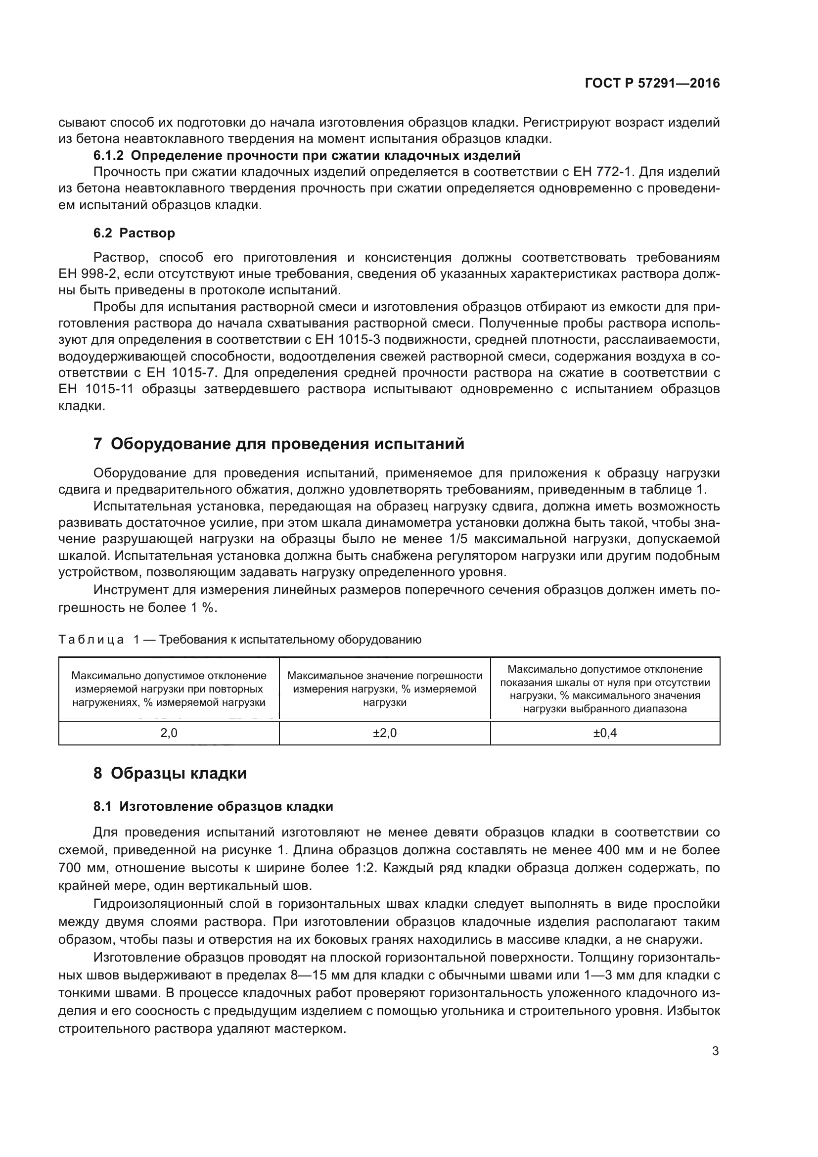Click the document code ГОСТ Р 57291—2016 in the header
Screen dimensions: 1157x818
coord(652,84)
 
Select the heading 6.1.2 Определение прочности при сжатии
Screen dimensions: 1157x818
coord(307,155)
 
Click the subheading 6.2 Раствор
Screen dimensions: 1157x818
coord(134,233)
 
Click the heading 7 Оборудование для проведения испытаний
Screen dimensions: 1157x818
coord(278,444)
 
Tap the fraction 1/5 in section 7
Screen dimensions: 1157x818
coord(457,539)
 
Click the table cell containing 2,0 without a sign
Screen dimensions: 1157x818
coord(169,733)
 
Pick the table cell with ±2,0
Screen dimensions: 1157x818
coord(385,733)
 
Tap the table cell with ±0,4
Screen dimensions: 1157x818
coord(605,733)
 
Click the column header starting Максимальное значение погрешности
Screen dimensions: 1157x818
coord(385,689)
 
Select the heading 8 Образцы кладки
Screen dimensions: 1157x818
coord(170,773)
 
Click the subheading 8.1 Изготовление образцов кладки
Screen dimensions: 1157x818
coord(213,807)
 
